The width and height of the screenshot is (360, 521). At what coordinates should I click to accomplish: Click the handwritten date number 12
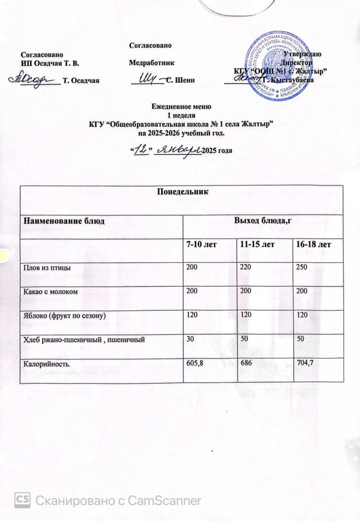point(138,149)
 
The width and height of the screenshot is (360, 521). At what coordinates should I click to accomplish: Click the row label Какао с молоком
point(50,292)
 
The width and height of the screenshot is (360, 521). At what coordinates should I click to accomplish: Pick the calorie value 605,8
point(194,365)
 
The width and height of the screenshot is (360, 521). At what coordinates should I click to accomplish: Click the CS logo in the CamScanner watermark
point(23,500)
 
